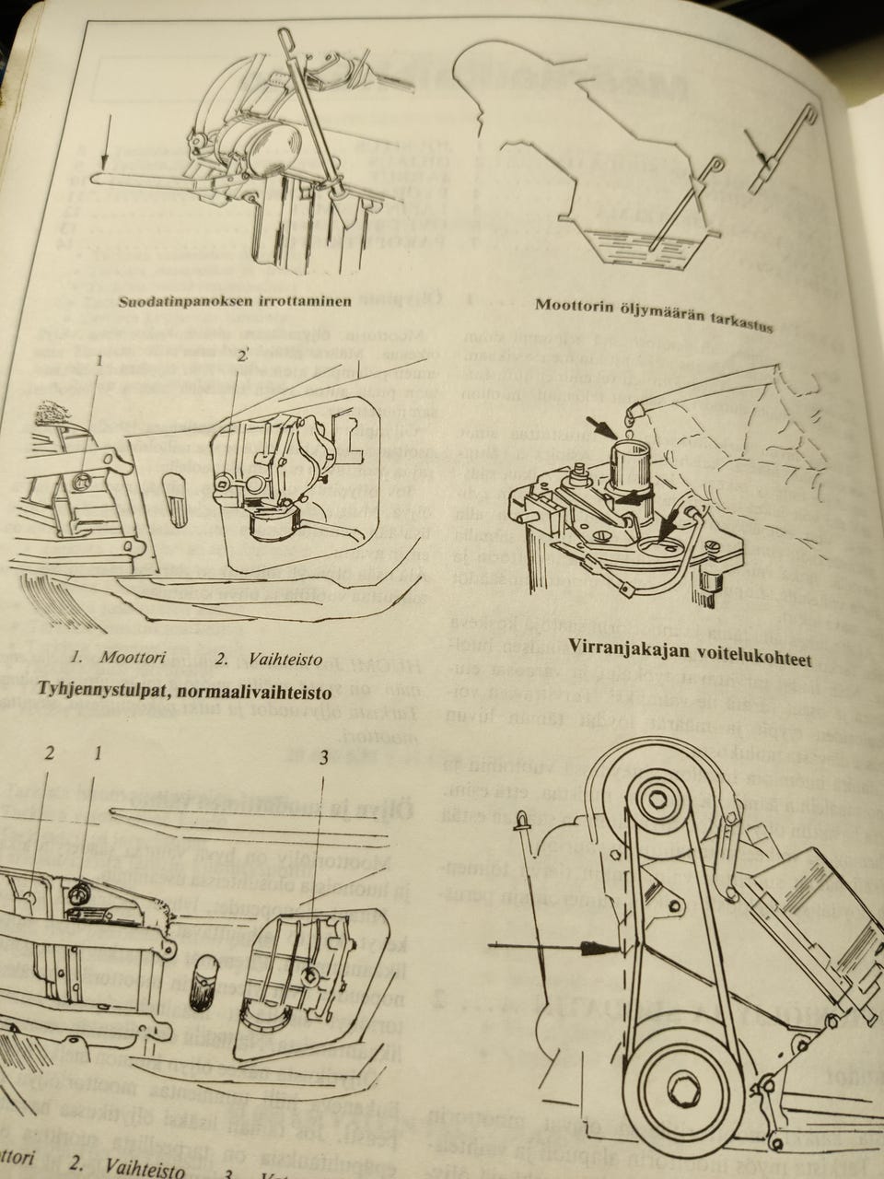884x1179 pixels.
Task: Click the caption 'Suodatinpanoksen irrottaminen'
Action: click(235, 301)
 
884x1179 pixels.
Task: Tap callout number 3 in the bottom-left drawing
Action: click(324, 760)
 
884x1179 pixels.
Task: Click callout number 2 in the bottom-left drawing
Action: click(51, 753)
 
